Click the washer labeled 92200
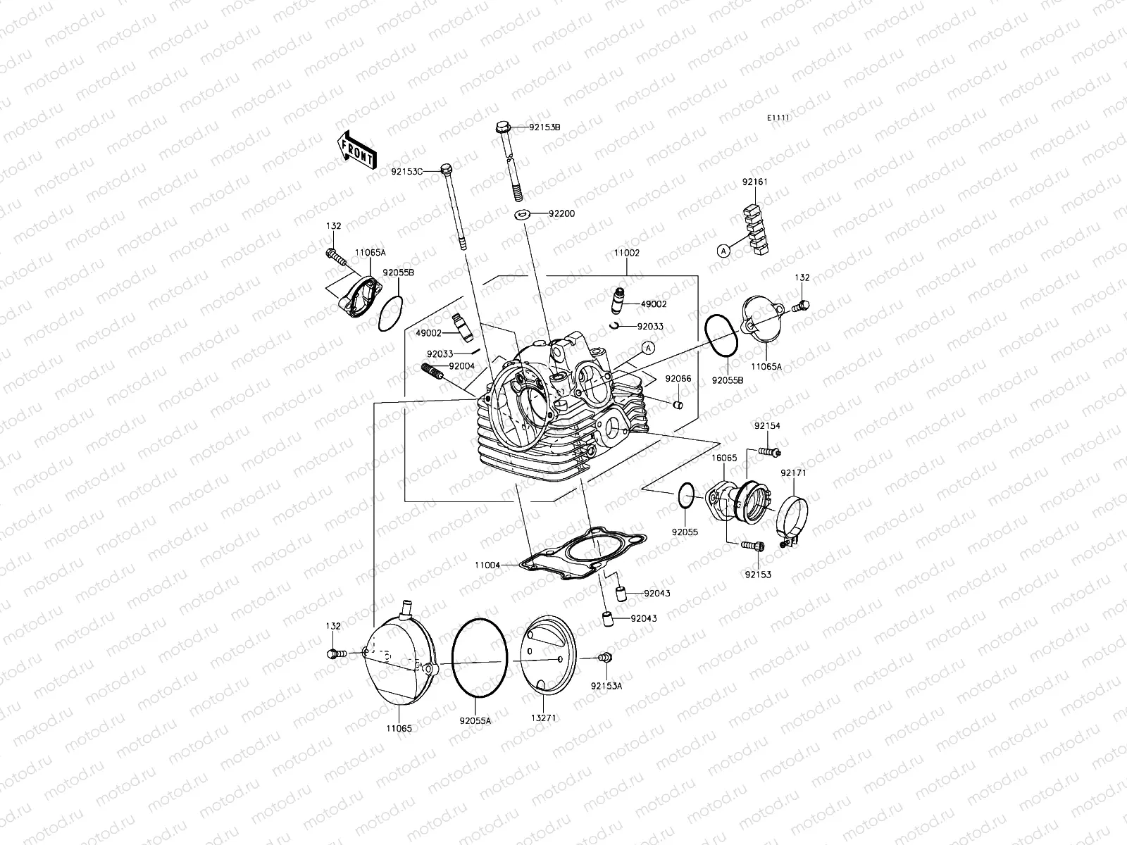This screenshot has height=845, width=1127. (523, 213)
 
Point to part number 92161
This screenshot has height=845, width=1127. (754, 182)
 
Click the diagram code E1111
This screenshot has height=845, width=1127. (778, 118)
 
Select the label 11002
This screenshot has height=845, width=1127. (626, 252)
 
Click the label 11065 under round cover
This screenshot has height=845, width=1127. (399, 728)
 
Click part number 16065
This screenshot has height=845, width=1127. (724, 458)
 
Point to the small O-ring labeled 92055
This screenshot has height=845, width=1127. (686, 495)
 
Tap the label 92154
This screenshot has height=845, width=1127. (767, 426)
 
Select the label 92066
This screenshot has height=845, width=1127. (678, 379)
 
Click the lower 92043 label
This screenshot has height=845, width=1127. (644, 618)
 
